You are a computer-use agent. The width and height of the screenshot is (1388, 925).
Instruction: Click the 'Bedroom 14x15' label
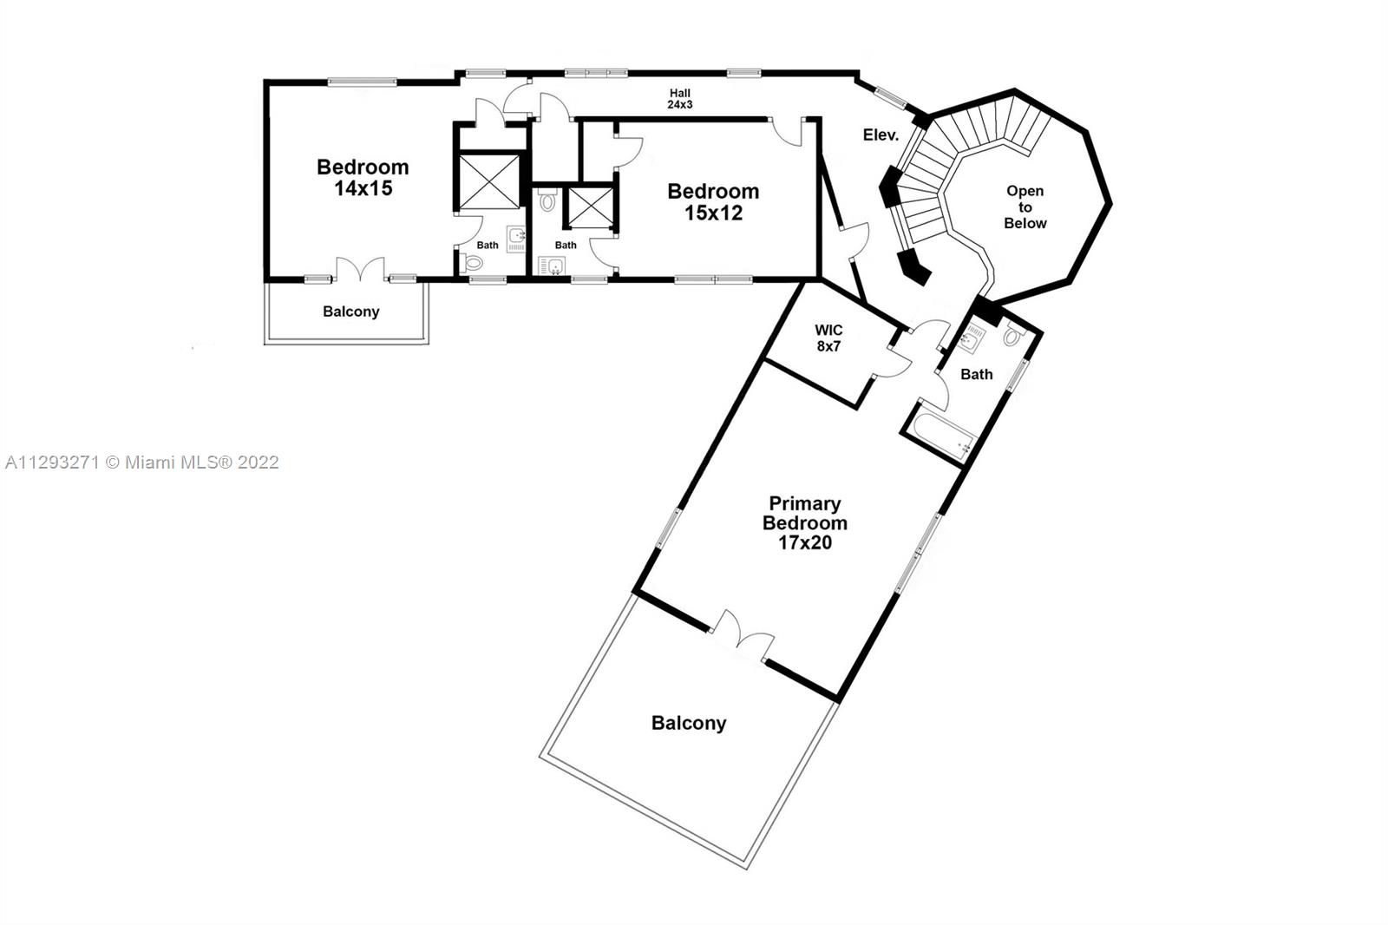click(363, 177)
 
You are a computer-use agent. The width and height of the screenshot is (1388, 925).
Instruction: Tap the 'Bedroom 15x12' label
click(713, 202)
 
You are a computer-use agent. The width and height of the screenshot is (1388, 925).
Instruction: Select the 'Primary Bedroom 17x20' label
click(805, 522)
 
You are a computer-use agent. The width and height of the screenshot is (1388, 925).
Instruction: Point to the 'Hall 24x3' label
click(680, 99)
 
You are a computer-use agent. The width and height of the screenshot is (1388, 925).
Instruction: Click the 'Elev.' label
click(881, 134)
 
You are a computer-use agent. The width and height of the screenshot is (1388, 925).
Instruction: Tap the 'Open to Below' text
click(1025, 207)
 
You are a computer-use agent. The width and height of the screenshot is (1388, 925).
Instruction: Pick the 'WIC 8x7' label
click(828, 338)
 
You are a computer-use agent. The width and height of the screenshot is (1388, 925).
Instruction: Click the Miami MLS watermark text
click(142, 462)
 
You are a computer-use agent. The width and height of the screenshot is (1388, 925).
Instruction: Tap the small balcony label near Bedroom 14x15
click(350, 312)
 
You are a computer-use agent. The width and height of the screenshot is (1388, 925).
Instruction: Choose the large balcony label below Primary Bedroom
click(689, 723)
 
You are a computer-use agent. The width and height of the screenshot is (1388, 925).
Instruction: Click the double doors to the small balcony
click(360, 270)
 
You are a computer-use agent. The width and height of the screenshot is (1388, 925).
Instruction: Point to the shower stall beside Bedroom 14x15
click(489, 181)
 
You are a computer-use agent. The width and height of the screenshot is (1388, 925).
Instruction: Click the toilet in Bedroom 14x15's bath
click(472, 263)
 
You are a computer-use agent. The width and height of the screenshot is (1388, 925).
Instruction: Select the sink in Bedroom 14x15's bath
click(515, 238)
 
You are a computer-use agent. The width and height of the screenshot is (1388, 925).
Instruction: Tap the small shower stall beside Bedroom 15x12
click(590, 207)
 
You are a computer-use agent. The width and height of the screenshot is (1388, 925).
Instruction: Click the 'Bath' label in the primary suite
click(977, 374)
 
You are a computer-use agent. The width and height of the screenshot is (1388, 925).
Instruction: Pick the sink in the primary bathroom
click(968, 339)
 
